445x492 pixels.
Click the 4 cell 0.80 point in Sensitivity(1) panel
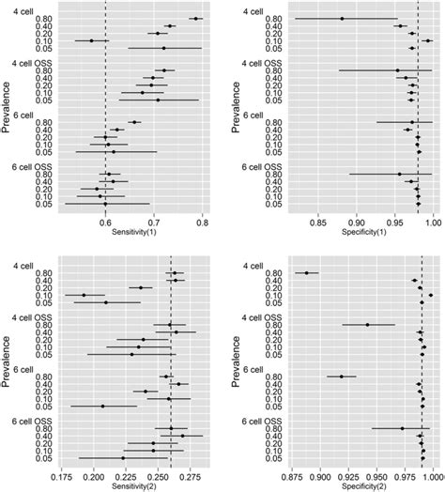tap(195, 19)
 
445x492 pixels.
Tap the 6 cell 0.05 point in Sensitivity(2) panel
tap(102, 406)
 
